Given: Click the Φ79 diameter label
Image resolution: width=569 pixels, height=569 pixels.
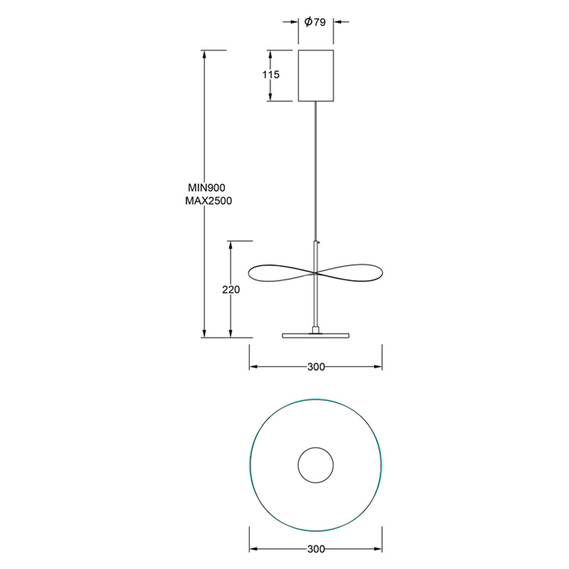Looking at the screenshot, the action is click(315, 22).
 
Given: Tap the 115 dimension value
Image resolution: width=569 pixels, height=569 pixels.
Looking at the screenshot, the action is click(271, 75).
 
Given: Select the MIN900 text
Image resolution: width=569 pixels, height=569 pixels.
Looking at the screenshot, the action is click(207, 188).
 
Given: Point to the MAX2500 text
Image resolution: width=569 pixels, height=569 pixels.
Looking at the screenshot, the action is click(209, 201).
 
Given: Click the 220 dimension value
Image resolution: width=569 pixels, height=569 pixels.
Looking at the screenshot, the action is click(231, 290).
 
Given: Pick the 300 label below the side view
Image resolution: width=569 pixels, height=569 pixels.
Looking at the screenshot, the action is click(316, 367).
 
